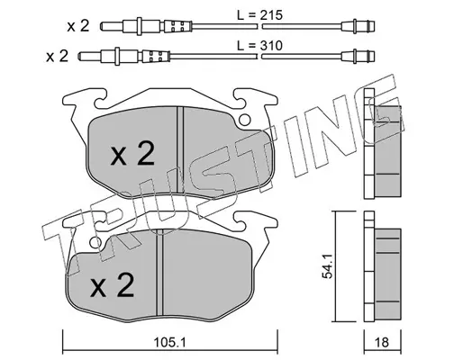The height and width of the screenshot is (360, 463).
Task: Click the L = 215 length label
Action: pos(260,15)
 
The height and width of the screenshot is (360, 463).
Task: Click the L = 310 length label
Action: pos(260,46)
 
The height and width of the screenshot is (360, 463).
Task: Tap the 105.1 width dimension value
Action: pos(170,342)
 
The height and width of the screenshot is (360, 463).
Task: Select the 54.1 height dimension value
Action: pos(328,266)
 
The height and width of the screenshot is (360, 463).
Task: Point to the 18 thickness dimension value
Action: pos(382,342)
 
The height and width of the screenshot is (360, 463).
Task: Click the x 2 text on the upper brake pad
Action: pos(132,154)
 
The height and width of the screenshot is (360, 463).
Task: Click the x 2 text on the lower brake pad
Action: pos(113,285)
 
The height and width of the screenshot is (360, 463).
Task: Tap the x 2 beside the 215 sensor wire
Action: pos(78,26)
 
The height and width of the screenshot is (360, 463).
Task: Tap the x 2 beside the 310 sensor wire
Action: pos(58,56)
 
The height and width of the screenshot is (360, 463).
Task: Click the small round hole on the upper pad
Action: pos(245,121)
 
